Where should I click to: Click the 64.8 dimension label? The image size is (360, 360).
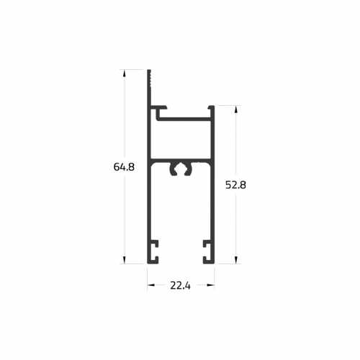(x=124, y=167)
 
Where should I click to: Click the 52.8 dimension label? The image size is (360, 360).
(x=235, y=185)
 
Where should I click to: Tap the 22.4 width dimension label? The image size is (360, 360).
(x=181, y=286)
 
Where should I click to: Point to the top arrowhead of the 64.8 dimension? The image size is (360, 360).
(x=124, y=73)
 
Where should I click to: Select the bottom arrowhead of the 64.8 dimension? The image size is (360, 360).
(x=124, y=260)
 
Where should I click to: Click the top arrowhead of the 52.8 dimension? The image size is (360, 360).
(x=236, y=109)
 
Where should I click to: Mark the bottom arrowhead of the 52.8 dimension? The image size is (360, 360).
(x=236, y=260)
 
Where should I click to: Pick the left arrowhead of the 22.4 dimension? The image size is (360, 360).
(x=150, y=285)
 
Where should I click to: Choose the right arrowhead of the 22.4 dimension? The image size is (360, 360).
(x=211, y=285)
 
